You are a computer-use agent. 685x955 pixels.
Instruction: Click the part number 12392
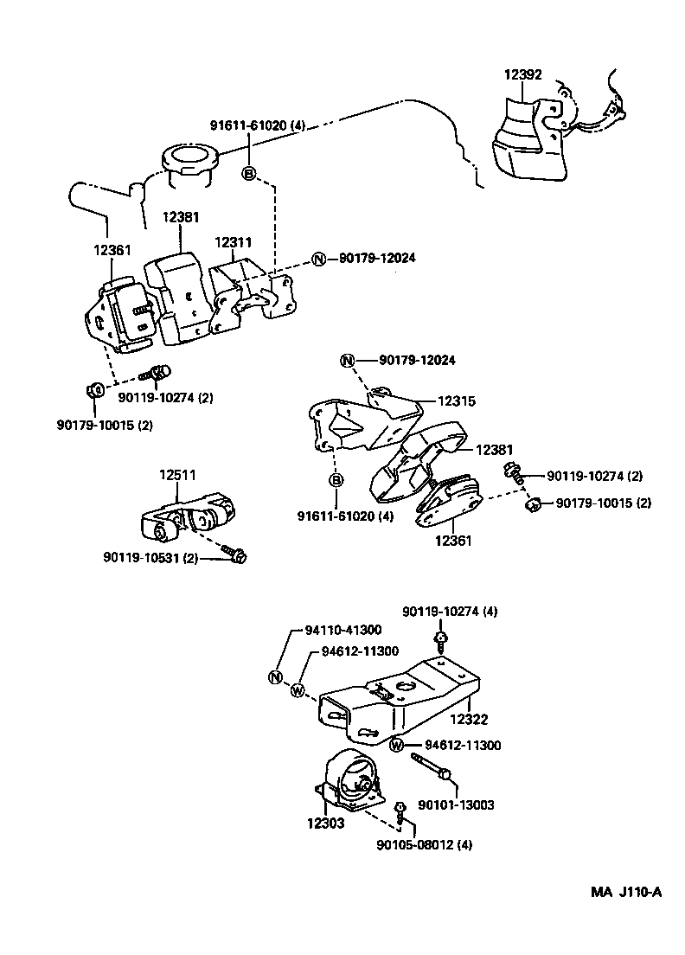[x=522, y=75]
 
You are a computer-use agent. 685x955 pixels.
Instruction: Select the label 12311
[x=234, y=243]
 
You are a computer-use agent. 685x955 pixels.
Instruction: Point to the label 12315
[x=456, y=401]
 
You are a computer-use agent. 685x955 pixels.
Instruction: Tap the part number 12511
[x=176, y=475]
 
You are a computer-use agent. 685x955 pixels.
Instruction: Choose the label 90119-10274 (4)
[x=450, y=612]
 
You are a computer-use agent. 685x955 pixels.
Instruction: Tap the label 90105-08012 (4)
[x=424, y=844]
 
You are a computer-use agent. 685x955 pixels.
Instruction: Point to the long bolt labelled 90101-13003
[x=430, y=766]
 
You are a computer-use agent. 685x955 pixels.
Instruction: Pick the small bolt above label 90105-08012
[x=400, y=811]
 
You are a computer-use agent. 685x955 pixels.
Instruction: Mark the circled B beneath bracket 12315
[x=336, y=481]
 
